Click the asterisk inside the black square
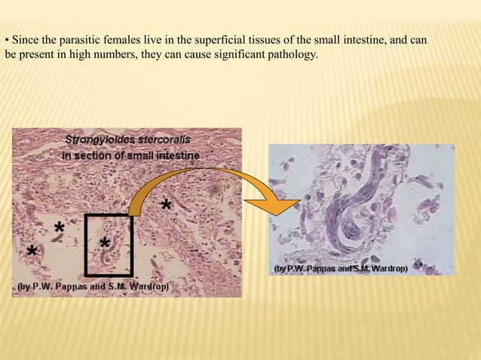click(x=105, y=243)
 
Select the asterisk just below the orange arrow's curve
click(x=165, y=204)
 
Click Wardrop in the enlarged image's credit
click(x=388, y=268)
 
